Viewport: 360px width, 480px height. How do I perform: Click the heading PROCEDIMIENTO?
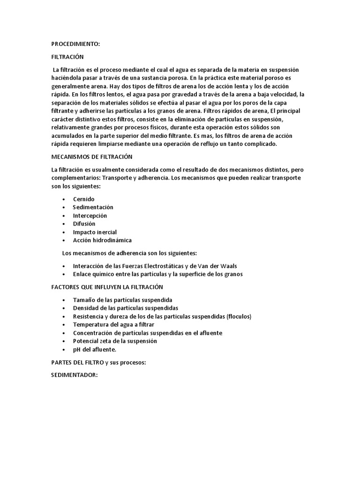pos(75,44)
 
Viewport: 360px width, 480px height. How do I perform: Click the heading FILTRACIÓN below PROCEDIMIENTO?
pos(67,57)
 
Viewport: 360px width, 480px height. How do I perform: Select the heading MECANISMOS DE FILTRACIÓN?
pos(92,157)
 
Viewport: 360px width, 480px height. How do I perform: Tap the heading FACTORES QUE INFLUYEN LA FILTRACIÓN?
pos(107,287)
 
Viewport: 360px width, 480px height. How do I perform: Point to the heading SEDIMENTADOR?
pos(74,375)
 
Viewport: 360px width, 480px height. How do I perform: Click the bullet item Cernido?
pos(84,199)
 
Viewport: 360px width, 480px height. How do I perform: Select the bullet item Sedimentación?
pos(93,207)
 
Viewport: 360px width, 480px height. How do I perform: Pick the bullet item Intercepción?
pos(90,216)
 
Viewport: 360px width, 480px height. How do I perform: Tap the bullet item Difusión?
pos(84,224)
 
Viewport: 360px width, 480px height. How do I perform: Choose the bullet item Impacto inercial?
pos(95,232)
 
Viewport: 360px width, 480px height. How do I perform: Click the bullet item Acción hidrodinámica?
pos(103,240)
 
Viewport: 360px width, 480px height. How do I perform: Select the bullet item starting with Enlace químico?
pos(158,274)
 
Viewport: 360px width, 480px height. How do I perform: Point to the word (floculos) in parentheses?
pos(239,316)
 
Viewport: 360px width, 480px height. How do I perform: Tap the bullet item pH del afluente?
pos(95,349)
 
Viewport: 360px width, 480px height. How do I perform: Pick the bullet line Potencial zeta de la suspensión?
pos(115,341)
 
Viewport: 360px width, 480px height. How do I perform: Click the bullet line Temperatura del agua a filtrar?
pos(114,324)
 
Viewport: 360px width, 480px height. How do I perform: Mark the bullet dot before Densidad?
pos(63,308)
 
